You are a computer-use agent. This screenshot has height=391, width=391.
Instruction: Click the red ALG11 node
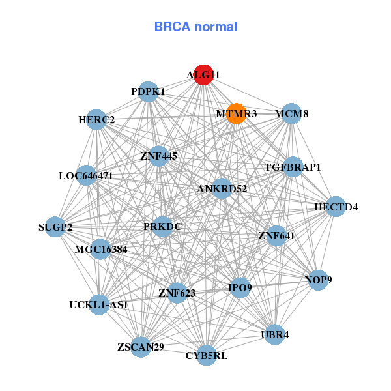(203, 75)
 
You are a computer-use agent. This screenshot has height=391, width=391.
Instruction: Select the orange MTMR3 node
(236, 113)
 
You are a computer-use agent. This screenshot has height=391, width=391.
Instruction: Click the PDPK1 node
(149, 92)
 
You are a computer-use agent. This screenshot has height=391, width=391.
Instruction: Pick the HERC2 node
(96, 120)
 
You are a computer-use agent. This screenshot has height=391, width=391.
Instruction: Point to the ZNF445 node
(158, 156)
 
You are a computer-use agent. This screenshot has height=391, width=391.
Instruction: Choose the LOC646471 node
(86, 175)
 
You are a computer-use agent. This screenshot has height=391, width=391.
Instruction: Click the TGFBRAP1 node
(293, 167)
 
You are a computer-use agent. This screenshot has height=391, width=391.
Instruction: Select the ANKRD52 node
(222, 189)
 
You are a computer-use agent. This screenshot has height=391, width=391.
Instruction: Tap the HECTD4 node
(336, 207)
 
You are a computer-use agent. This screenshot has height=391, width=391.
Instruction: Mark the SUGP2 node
(55, 227)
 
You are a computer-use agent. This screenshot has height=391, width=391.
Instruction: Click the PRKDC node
(163, 227)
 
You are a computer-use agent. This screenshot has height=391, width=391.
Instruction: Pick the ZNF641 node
(276, 235)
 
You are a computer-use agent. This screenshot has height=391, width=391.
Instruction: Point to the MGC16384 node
(100, 248)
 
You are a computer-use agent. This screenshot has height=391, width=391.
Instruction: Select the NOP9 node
(318, 280)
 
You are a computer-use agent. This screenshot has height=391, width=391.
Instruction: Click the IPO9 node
(240, 287)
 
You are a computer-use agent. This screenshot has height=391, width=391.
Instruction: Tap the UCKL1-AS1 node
(98, 304)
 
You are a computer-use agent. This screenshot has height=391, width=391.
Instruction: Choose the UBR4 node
(274, 334)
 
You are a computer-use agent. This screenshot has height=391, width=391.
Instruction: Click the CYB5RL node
(207, 355)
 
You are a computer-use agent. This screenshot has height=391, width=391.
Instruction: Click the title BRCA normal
(195, 27)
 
